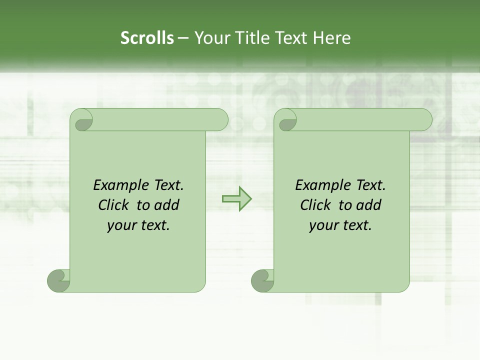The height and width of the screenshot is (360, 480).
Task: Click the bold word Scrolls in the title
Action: [x=147, y=38]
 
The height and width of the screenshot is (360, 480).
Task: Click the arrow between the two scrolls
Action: [x=236, y=198]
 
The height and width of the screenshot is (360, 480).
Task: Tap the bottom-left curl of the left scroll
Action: [x=59, y=280]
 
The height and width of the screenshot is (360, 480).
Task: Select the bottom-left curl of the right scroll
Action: [x=262, y=280]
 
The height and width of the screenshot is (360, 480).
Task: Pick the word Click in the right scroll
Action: [x=316, y=205]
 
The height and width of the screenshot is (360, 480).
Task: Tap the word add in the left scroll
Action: [x=166, y=205]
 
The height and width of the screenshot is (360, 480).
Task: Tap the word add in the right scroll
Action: [x=368, y=205]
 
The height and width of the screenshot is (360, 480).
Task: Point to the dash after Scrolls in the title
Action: [x=183, y=38]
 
